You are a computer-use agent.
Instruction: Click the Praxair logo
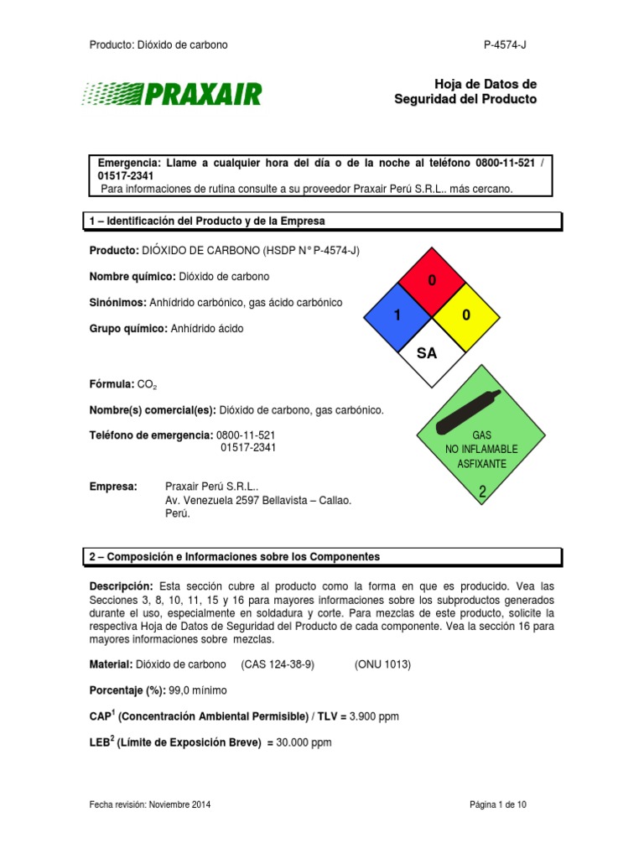click(172, 93)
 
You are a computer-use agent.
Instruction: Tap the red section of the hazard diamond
click(432, 282)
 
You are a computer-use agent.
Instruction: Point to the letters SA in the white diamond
click(428, 353)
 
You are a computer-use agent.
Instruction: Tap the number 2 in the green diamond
click(482, 493)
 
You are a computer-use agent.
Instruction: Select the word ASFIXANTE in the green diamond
click(481, 463)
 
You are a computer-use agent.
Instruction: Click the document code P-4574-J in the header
click(505, 44)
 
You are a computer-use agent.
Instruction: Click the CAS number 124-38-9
click(278, 664)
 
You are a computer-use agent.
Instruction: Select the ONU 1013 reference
click(383, 664)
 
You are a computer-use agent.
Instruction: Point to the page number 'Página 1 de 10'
click(499, 804)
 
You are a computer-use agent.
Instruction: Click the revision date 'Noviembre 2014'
click(179, 804)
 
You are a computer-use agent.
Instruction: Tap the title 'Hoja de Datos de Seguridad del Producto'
click(465, 91)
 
